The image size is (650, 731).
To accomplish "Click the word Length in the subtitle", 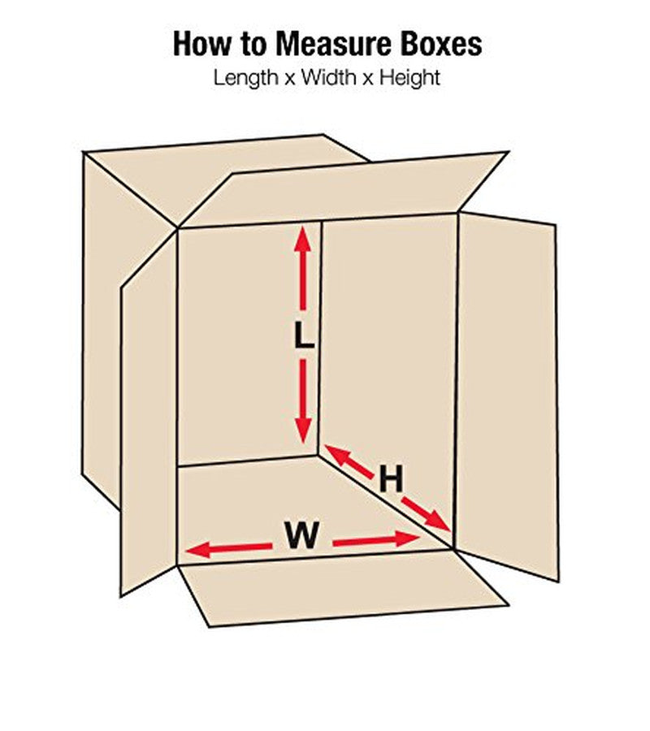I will pyautogui.click(x=243, y=79).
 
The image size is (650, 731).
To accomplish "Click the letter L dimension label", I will pyautogui.click(x=303, y=335).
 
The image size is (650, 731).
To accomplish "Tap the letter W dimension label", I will pyautogui.click(x=301, y=536).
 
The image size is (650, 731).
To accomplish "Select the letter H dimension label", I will pyautogui.click(x=391, y=479).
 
